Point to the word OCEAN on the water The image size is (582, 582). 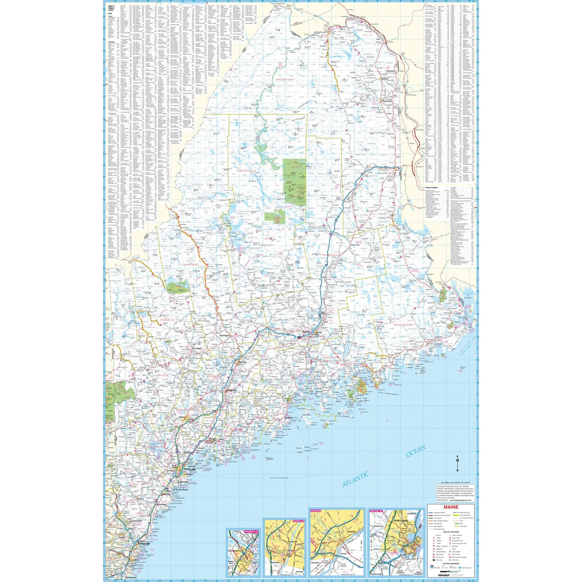(416, 451)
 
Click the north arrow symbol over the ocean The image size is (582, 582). (458, 465)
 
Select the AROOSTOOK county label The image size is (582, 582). (286, 79)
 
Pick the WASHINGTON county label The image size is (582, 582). (403, 324)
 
